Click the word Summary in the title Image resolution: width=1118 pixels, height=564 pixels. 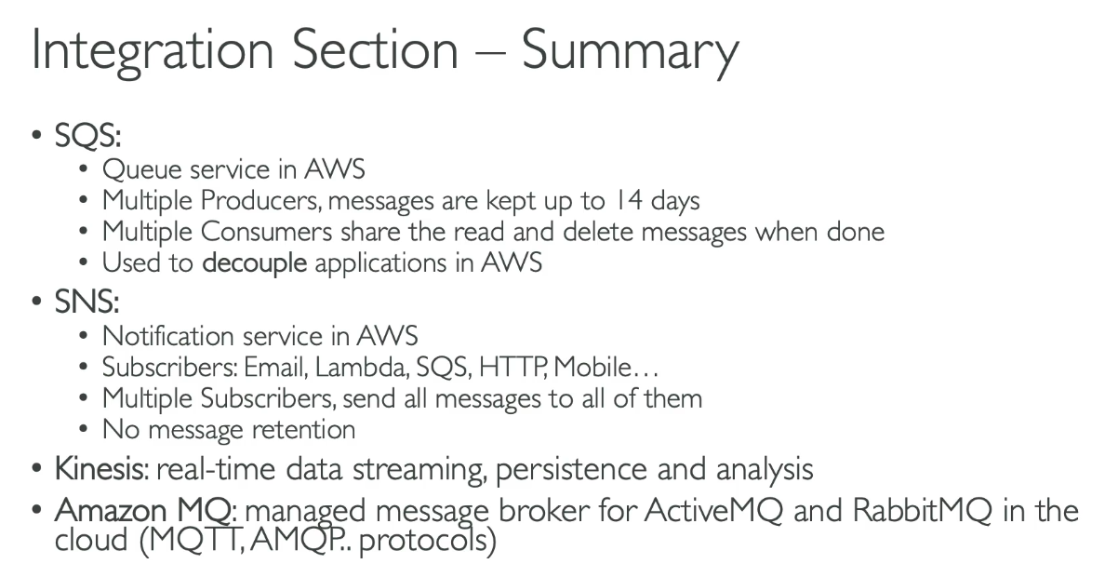point(630,51)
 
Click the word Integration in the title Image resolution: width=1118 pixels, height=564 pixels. point(153,51)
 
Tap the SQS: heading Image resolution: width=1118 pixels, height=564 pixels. point(87,135)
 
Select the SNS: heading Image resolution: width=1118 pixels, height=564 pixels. point(87,302)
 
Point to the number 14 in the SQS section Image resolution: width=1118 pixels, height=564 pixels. point(629,200)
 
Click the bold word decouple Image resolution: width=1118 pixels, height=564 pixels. point(255,262)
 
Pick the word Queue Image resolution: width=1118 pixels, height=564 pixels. point(142,169)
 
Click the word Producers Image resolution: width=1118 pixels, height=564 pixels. point(260,201)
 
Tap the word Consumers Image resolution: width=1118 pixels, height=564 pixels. point(267,232)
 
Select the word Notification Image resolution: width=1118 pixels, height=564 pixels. point(167,336)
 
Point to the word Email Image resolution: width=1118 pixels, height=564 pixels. point(274,368)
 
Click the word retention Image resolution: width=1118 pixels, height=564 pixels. point(303,430)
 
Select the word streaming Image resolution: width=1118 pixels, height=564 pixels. point(419,470)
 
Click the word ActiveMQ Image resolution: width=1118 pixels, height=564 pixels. point(713,511)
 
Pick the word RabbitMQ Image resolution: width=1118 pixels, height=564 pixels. point(922,511)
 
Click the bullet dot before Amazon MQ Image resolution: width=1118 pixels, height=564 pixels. point(36,510)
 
